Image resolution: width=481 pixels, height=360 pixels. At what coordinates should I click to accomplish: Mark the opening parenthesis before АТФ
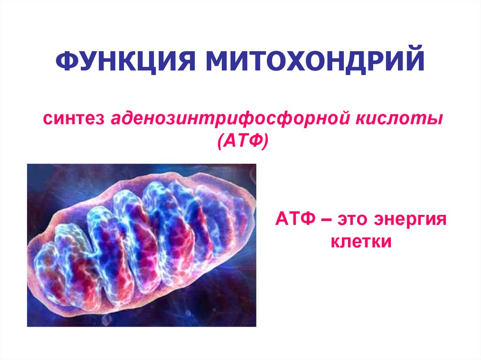[220, 140]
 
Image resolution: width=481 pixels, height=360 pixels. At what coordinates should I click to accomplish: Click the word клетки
[361, 242]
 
